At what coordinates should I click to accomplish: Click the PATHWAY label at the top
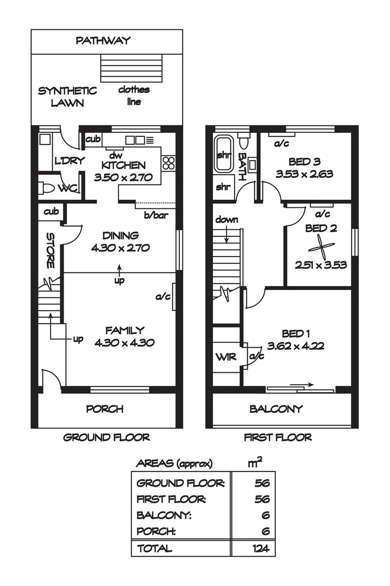(103, 40)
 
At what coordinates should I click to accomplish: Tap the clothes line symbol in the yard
(131, 68)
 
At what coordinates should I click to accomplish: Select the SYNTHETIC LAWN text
(67, 97)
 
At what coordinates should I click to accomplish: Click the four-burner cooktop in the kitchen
(168, 163)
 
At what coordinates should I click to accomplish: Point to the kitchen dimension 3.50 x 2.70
(123, 177)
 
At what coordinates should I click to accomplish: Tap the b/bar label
(156, 215)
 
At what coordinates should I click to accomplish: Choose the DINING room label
(121, 235)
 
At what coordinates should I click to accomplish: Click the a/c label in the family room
(163, 297)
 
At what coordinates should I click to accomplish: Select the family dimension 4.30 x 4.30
(124, 343)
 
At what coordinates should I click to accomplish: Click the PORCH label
(105, 409)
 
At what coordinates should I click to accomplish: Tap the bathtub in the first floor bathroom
(223, 154)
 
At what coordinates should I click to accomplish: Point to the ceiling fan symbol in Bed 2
(321, 249)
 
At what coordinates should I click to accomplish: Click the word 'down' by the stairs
(227, 220)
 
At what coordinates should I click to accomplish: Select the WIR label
(226, 357)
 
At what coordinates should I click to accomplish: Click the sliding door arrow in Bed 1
(301, 384)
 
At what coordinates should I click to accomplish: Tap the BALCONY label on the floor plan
(276, 409)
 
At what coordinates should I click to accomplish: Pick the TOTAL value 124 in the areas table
(261, 548)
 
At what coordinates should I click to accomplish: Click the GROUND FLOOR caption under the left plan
(106, 437)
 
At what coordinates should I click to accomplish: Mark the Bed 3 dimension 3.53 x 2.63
(304, 174)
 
